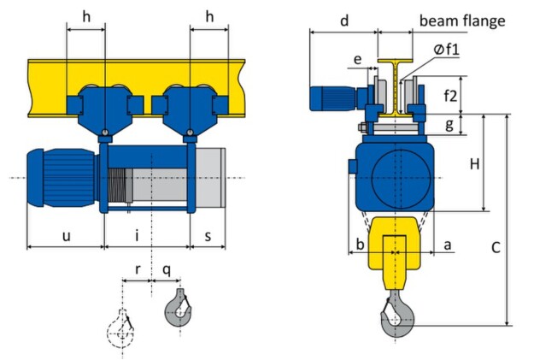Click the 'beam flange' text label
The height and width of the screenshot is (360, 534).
click(x=462, y=21)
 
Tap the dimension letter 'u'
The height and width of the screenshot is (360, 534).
click(x=66, y=235)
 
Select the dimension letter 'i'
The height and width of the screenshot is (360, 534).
click(x=137, y=235)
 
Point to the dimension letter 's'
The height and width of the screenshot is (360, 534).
click(x=208, y=236)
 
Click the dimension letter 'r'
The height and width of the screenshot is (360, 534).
click(x=138, y=269)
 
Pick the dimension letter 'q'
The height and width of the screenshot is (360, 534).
click(x=167, y=270)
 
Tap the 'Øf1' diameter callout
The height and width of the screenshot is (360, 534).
click(x=447, y=50)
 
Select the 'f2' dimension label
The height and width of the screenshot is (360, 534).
click(x=450, y=96)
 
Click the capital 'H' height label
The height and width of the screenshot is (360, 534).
click(x=475, y=164)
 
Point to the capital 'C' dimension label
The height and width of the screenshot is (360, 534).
click(x=496, y=247)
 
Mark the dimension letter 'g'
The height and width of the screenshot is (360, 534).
click(x=449, y=124)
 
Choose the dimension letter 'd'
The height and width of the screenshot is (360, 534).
click(x=344, y=21)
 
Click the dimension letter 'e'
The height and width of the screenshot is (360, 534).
click(x=357, y=60)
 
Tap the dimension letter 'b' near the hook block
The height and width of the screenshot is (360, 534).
click(x=360, y=244)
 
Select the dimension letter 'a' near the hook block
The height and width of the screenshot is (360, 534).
click(x=448, y=245)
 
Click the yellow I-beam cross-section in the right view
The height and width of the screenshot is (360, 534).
click(x=395, y=89)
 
